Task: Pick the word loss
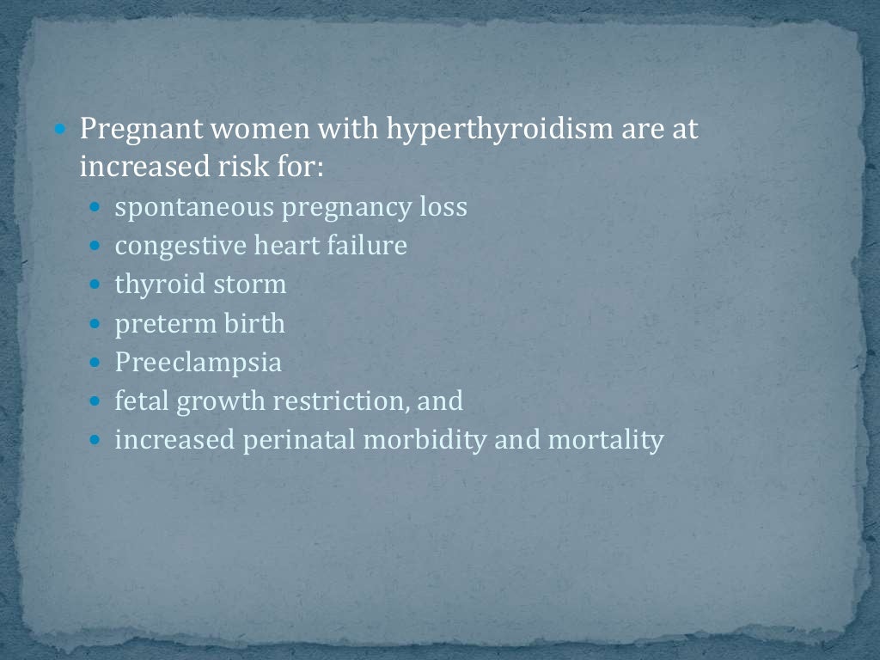[x=443, y=208]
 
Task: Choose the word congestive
[x=180, y=247]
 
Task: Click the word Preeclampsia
[x=199, y=363]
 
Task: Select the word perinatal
[x=299, y=440]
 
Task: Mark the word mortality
[x=606, y=440]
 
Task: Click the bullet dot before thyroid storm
[x=96, y=285]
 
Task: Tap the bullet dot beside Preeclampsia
[x=96, y=363]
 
